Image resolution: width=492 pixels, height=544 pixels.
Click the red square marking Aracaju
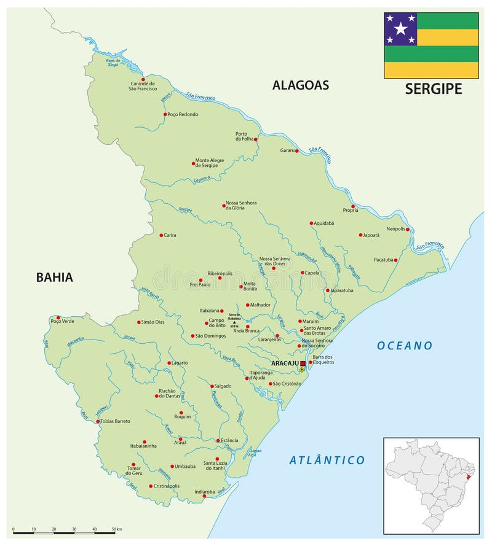pos(303,363)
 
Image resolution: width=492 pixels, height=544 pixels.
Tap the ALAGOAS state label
pos(301,85)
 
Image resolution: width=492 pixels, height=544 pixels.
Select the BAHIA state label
pos(54,277)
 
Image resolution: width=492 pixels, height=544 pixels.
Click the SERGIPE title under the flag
pos(433,89)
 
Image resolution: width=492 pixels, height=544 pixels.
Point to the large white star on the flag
pos(400,29)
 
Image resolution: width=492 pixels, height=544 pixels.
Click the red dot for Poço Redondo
pos(165,114)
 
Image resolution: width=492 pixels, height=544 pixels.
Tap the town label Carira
pos(170,235)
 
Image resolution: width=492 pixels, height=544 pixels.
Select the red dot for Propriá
pos(353,207)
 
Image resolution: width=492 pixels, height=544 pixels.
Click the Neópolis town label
pos(395,228)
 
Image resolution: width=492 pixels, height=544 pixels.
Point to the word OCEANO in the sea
pos(405,346)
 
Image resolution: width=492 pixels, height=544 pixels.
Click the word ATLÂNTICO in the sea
pos(327,460)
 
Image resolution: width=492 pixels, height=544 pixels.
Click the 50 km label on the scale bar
pos(117,529)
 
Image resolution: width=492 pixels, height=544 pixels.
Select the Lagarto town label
pos(180,363)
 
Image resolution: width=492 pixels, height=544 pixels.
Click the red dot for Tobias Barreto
pos(98,421)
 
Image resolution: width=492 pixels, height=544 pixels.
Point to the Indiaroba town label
pos(204,491)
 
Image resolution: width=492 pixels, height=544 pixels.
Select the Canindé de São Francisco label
pos(142,86)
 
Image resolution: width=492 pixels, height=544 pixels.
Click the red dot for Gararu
pos(296,150)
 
